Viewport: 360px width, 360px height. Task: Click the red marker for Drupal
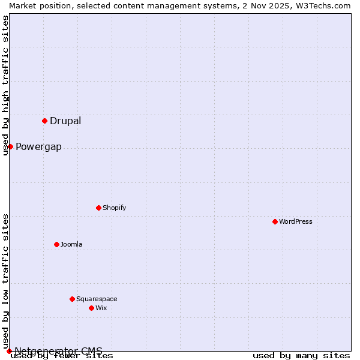44,121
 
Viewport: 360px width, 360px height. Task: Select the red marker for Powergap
10,146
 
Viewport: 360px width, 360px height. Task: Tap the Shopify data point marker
98,208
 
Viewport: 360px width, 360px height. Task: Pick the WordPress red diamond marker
275,221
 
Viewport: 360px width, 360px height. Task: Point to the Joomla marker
56,244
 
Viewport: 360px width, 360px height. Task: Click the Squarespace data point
72,299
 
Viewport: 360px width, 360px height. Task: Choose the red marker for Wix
91,308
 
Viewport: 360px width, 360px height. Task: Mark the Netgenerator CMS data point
9,351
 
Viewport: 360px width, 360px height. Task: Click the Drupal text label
65,121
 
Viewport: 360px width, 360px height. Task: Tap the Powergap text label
38,147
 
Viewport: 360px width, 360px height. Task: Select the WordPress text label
296,222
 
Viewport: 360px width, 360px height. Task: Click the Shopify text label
114,208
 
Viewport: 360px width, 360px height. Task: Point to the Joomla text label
71,245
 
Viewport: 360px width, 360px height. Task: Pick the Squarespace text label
97,299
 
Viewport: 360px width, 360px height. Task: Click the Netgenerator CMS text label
59,351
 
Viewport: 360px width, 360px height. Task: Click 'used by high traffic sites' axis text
5,85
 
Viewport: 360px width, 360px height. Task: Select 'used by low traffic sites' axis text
5,281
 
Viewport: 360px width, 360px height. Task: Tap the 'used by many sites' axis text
301,356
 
